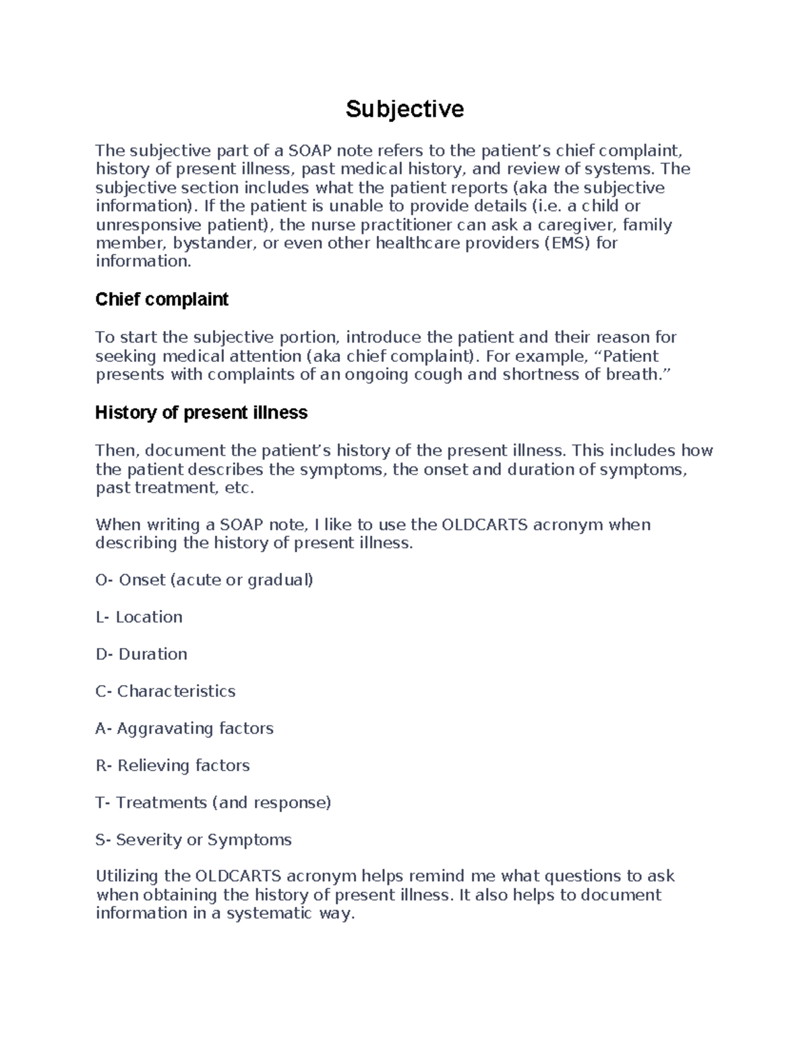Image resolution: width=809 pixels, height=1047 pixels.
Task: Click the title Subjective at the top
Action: point(404,109)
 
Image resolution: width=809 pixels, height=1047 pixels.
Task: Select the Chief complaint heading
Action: point(162,299)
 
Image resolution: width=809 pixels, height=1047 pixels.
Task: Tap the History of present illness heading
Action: point(201,413)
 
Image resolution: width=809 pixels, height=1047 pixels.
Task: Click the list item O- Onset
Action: point(204,580)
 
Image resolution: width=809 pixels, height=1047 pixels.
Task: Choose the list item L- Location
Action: point(139,617)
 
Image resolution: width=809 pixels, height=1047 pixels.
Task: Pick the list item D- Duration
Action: point(142,654)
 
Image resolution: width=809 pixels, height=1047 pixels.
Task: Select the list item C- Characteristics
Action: point(165,691)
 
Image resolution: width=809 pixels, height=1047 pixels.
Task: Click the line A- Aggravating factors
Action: point(184,728)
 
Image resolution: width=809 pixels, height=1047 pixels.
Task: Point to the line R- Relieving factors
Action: point(173,765)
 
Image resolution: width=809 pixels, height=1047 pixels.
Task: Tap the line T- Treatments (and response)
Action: point(213,802)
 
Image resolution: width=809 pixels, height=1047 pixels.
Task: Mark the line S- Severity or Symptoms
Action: point(193,839)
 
